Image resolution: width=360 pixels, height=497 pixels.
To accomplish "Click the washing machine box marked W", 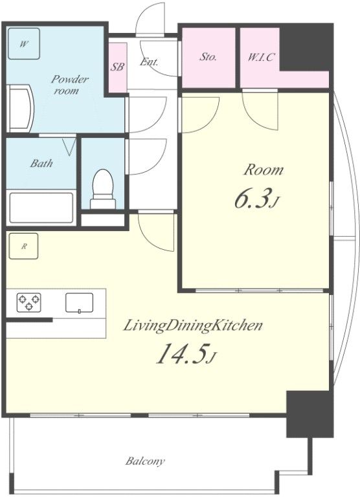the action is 24,44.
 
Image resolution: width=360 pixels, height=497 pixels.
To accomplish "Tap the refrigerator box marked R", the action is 23,246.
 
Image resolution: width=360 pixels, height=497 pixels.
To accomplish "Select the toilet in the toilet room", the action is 103,189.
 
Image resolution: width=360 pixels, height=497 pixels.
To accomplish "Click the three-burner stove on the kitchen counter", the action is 28,302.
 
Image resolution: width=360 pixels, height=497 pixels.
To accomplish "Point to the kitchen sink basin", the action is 79,303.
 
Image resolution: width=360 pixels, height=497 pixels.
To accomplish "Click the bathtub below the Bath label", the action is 41,208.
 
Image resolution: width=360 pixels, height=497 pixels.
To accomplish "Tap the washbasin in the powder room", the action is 20,109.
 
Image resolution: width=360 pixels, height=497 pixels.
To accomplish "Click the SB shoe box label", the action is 117,67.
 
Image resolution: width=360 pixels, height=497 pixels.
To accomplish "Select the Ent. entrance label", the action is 149,61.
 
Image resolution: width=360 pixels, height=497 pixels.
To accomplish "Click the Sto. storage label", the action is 208,57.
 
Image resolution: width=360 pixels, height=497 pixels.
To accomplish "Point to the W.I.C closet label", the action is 261,58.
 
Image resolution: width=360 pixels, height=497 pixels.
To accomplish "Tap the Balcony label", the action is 145,461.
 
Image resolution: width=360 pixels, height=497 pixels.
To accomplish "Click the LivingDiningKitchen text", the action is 193,326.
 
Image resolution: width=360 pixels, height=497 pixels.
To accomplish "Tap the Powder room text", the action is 69,85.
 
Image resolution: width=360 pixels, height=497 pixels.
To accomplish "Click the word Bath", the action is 41,163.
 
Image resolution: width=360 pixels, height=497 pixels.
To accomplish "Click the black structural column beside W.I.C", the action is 306,47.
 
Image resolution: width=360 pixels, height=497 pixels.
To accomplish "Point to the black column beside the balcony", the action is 309,414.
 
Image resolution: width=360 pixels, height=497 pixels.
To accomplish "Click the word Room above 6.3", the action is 264,170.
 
